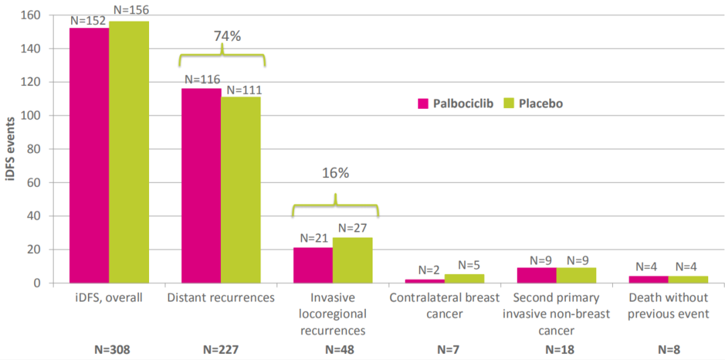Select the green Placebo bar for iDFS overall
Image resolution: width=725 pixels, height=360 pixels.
pyautogui.click(x=129, y=152)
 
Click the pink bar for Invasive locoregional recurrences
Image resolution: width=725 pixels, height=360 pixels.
pyautogui.click(x=313, y=265)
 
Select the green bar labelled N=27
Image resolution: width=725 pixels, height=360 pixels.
pyautogui.click(x=352, y=261)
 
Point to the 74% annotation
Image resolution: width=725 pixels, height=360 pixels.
pyautogui.click(x=228, y=36)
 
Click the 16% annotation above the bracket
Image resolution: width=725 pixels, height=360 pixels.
pyautogui.click(x=335, y=173)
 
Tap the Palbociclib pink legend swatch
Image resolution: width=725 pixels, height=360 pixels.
pyautogui.click(x=423, y=103)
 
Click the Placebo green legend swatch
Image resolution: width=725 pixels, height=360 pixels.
pyautogui.click(x=508, y=103)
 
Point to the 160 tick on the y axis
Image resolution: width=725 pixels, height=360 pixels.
pyautogui.click(x=32, y=15)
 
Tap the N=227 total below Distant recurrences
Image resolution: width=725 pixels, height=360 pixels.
pyautogui.click(x=222, y=349)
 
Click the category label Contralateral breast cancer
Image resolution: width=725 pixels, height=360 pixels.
pyautogui.click(x=445, y=304)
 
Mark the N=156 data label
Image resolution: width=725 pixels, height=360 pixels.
pyautogui.click(x=131, y=9)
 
